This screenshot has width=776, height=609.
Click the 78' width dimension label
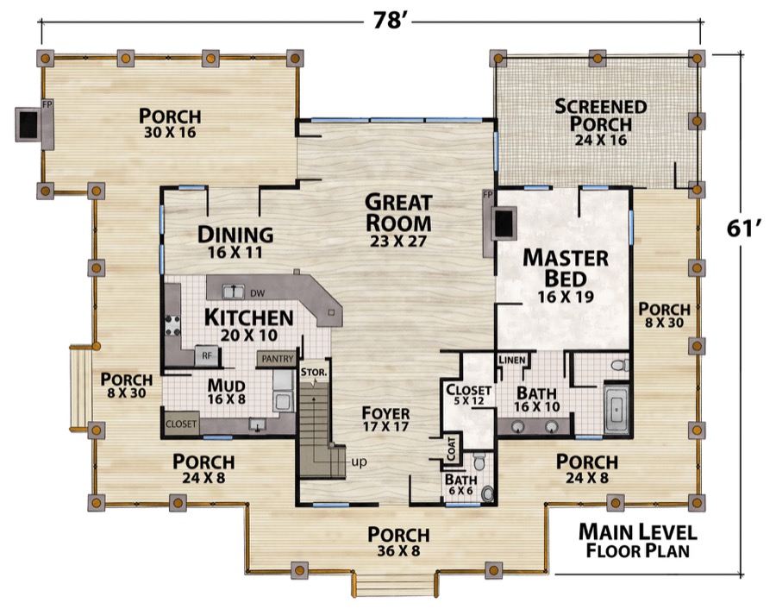(x=390, y=22)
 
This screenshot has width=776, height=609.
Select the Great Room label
(x=398, y=213)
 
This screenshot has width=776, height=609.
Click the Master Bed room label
(x=566, y=268)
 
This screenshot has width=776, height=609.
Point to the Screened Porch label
(x=601, y=115)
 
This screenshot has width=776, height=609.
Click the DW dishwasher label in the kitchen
(x=257, y=293)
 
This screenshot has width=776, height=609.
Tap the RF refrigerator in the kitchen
(x=206, y=355)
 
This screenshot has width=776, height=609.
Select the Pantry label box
(x=277, y=359)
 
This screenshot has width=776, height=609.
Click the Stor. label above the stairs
(x=314, y=372)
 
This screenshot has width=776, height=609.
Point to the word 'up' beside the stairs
(x=360, y=462)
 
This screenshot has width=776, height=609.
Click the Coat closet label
(x=452, y=449)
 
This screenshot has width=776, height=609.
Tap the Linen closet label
(x=512, y=360)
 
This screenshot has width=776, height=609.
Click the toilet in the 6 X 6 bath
(x=479, y=461)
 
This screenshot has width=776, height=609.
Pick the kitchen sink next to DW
(x=233, y=292)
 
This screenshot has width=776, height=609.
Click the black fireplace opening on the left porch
(x=28, y=123)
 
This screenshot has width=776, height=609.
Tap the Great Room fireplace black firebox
(x=504, y=223)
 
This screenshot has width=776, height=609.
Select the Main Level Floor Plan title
(x=638, y=540)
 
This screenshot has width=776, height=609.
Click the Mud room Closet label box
(x=181, y=424)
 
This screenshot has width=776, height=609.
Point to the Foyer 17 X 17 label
(x=385, y=419)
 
